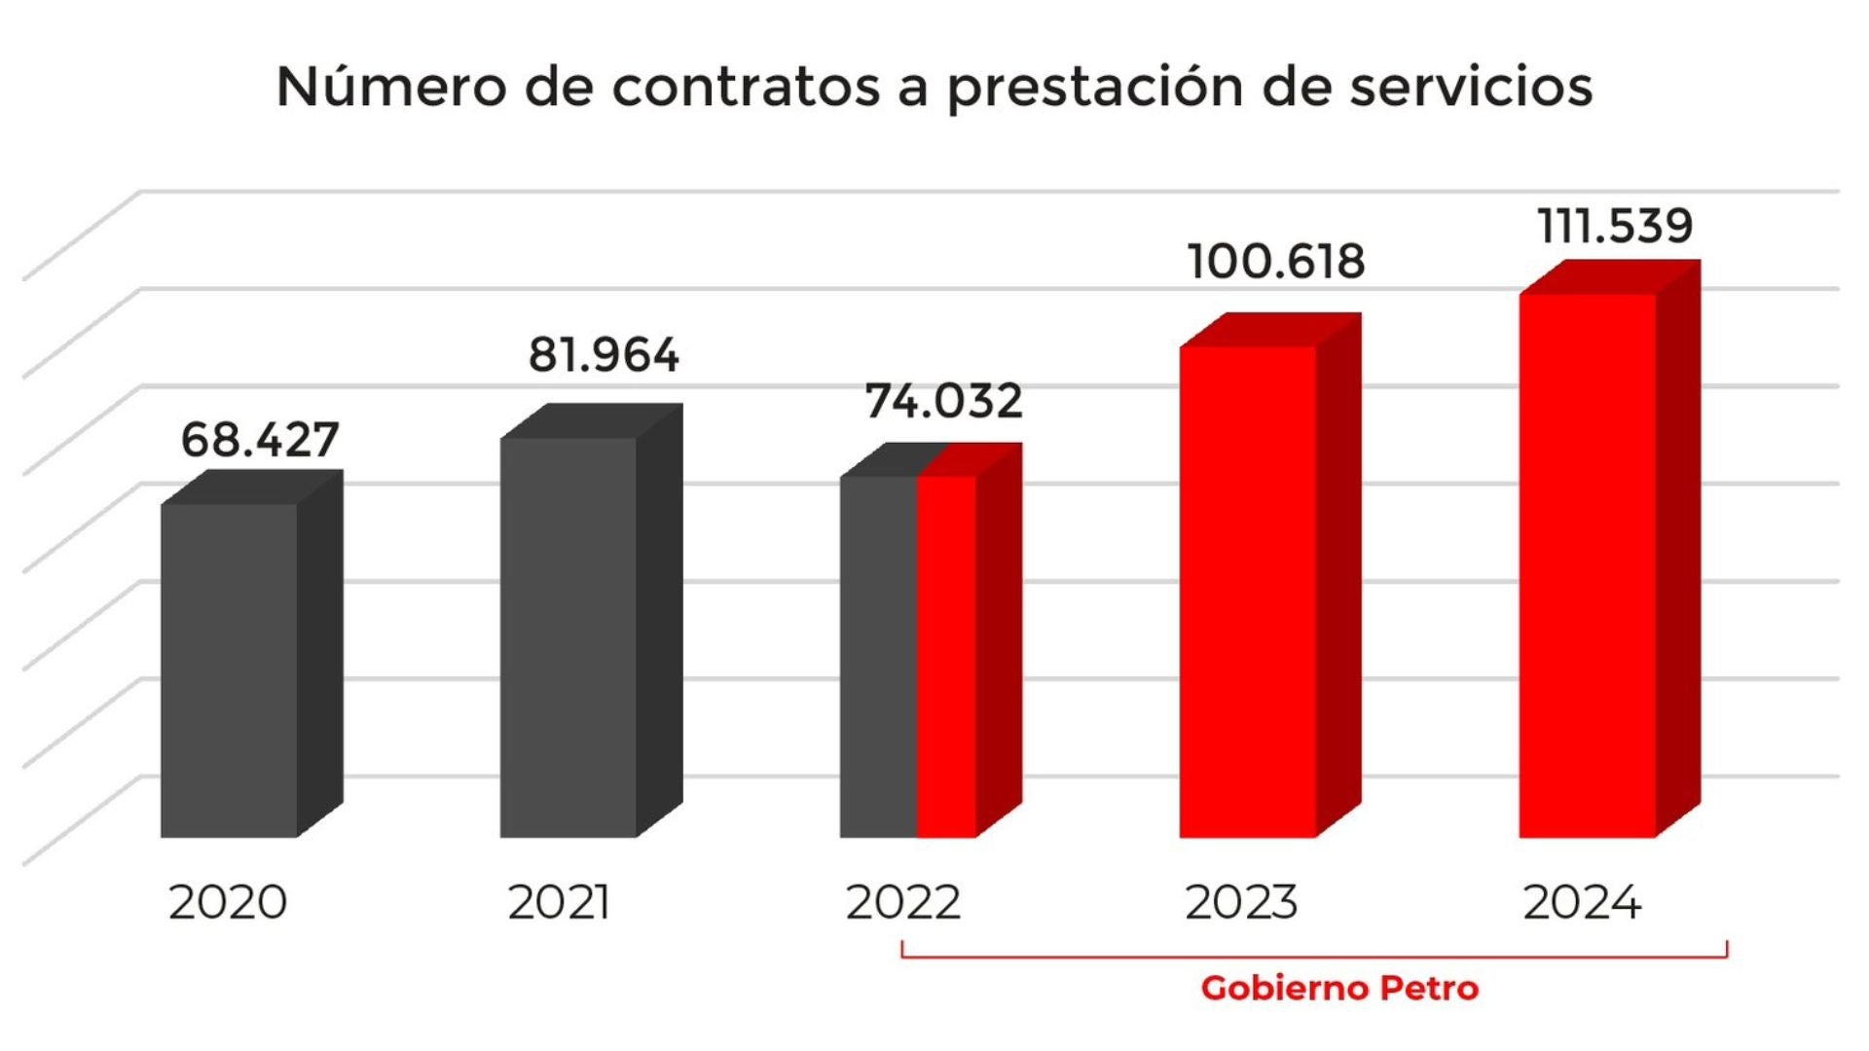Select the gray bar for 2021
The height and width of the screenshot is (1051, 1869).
point(568,637)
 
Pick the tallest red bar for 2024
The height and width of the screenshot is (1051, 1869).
point(1587,564)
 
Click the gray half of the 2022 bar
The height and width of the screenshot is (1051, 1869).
point(878,657)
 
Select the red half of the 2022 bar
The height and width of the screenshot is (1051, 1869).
point(947,657)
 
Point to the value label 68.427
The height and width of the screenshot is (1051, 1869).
point(260,440)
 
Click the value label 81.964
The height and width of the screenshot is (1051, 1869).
point(604,355)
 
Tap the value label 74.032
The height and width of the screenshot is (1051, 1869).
point(943,401)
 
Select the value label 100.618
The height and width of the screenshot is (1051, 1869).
point(1276,262)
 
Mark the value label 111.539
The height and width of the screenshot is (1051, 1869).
point(1615,226)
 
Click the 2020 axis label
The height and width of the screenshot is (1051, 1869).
point(228,902)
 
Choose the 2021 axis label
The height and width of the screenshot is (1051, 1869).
point(559,902)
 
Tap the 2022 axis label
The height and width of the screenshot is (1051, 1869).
point(903,902)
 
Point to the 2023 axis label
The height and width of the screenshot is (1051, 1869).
point(1241,902)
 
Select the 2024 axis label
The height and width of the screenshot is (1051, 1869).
point(1582,902)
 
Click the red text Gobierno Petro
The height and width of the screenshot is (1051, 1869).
point(1339,988)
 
